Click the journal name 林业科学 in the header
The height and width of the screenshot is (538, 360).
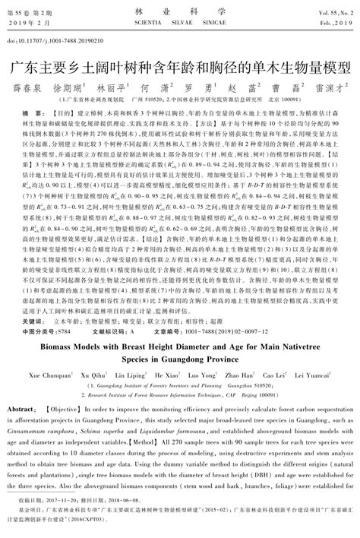[x=179, y=13]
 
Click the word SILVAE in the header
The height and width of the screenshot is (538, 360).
[x=180, y=24]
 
